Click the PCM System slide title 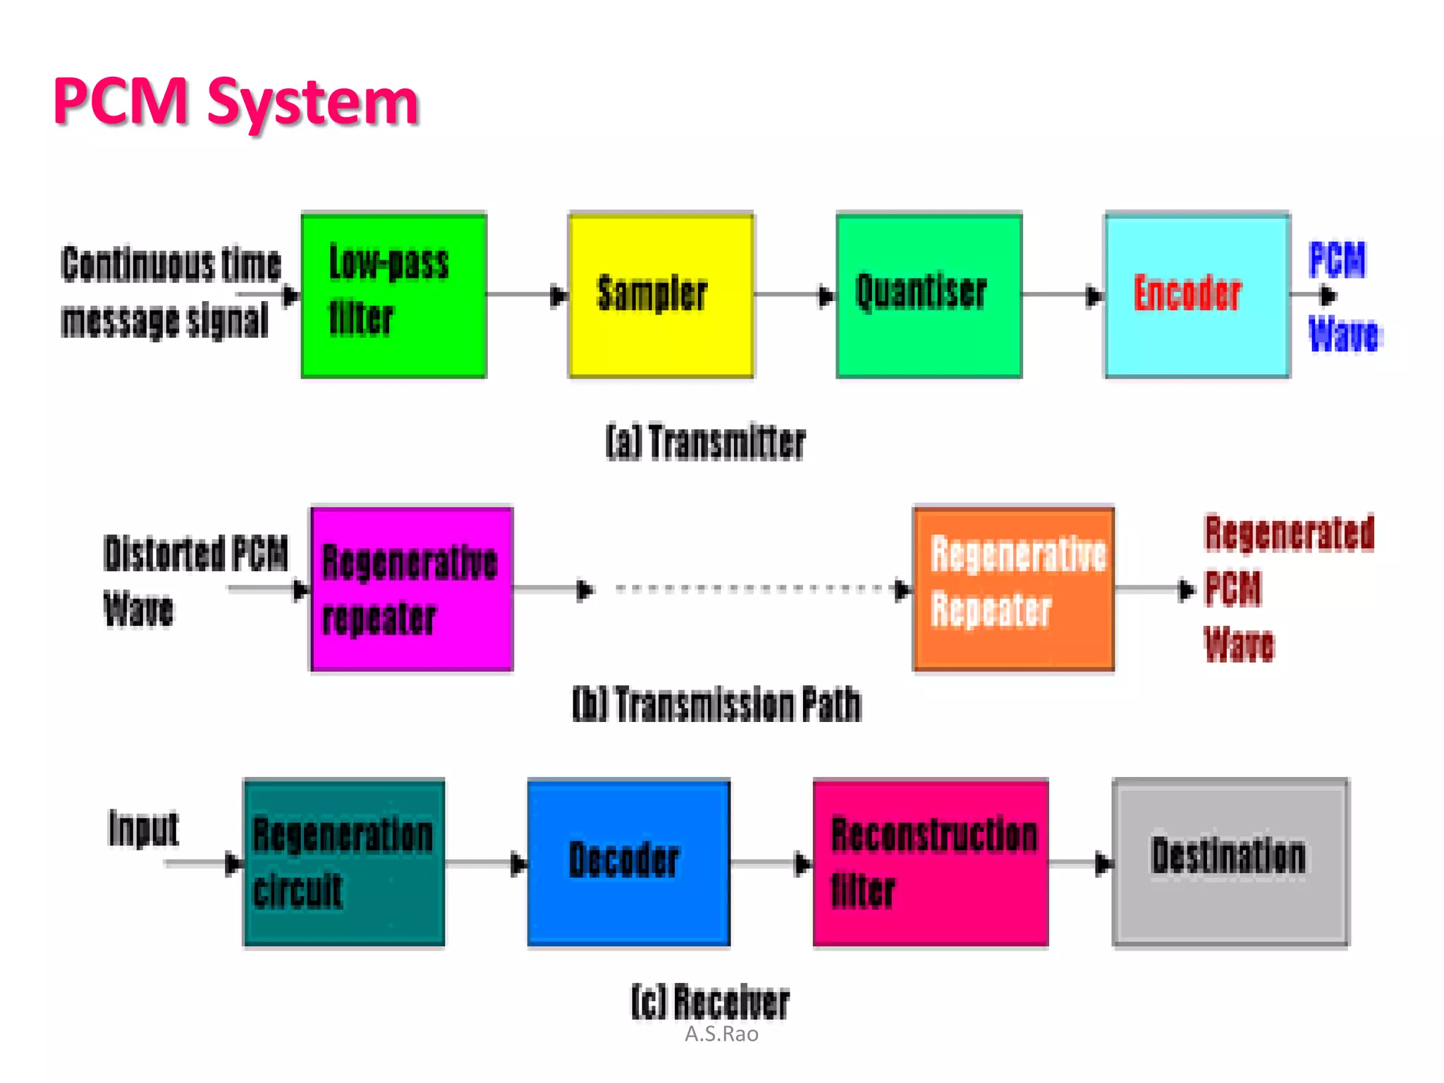click(x=235, y=102)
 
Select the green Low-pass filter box click(x=393, y=295)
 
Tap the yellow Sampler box click(x=661, y=295)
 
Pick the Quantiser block click(x=929, y=295)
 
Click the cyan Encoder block click(x=1197, y=295)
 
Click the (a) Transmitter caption click(x=705, y=443)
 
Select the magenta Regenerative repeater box click(x=412, y=589)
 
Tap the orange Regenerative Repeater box click(x=1013, y=589)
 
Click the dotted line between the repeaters click(x=747, y=588)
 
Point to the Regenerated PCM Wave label click(x=1287, y=588)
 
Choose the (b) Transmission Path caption click(x=716, y=704)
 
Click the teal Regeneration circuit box click(x=344, y=862)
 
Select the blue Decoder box click(x=628, y=862)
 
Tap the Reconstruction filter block click(x=930, y=862)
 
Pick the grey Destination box click(x=1230, y=862)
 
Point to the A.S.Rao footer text click(x=721, y=1034)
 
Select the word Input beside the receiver click(x=144, y=828)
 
